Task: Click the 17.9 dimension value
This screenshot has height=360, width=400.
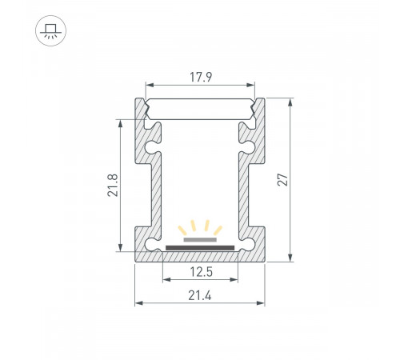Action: [200, 78]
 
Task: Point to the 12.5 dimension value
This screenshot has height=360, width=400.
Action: [200, 273]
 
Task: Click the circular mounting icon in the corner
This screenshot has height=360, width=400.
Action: [50, 30]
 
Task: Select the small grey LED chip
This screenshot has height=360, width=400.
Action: [200, 238]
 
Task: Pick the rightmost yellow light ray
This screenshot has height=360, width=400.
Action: [218, 230]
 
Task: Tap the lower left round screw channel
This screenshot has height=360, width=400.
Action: [152, 242]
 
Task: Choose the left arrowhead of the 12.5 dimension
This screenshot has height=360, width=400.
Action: [166, 280]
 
